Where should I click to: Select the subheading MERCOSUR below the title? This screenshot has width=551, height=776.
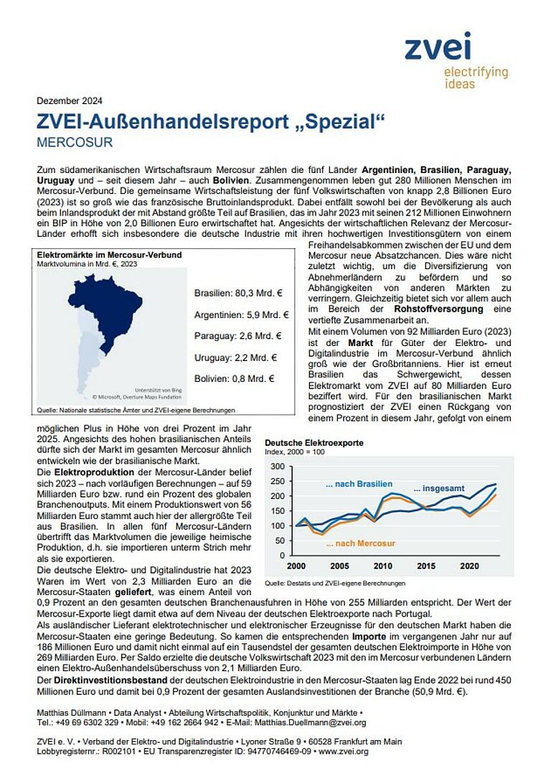pos(74,142)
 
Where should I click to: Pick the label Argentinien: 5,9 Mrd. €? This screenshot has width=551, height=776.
pos(241,314)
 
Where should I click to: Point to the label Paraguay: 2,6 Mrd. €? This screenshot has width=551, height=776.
pos(237,335)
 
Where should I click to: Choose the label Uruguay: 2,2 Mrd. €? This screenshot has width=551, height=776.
pos(235,357)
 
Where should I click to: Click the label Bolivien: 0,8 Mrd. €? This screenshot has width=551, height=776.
pos(235,378)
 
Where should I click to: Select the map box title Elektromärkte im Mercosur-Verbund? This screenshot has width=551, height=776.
pos(109,255)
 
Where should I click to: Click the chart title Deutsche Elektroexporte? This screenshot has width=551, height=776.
pos(314,443)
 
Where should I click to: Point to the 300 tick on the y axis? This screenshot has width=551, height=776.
pos(278,466)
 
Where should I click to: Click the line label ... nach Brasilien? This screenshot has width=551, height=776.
pos(359,485)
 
